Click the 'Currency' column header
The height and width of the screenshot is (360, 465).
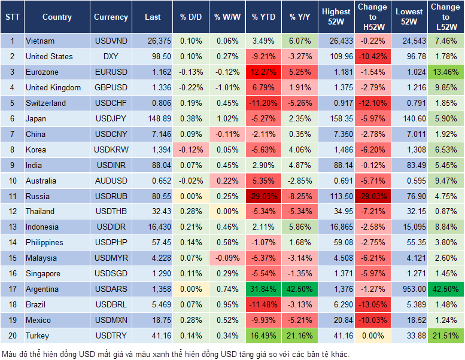click(x=111, y=17)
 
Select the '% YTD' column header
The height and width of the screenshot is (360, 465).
click(x=263, y=17)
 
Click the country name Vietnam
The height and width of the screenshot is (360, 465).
click(x=40, y=41)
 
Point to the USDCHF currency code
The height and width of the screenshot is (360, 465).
click(x=111, y=103)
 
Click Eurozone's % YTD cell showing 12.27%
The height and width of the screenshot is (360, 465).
click(x=263, y=72)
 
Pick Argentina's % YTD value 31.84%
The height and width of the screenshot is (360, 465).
click(x=263, y=289)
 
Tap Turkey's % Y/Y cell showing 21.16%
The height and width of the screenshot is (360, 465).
click(x=300, y=335)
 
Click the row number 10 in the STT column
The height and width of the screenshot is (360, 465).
click(x=11, y=181)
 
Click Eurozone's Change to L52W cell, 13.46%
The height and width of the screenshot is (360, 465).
click(x=446, y=72)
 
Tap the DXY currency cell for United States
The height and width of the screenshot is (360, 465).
click(x=111, y=56)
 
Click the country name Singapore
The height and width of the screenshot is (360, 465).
click(x=43, y=273)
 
